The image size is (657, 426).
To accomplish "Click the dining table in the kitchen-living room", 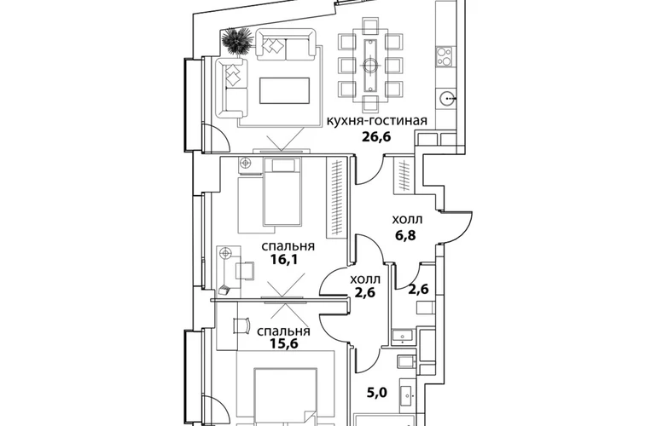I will pos(370,65).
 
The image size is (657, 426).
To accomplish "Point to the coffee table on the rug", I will pos(285,90).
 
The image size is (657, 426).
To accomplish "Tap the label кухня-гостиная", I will pos(376,120).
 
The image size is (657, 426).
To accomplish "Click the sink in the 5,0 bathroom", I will pos(409,394).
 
